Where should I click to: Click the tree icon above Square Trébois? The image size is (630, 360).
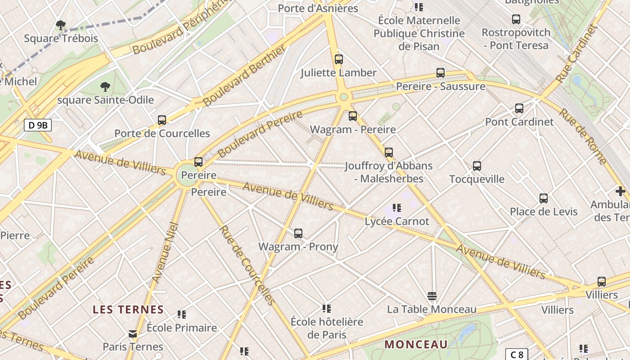tap(60, 25)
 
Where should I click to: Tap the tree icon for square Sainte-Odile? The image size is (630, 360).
tap(105, 86)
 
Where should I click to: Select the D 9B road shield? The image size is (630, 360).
tap(38, 125)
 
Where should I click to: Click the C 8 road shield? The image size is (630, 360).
tap(516, 354)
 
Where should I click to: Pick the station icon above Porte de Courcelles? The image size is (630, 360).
tap(162, 120)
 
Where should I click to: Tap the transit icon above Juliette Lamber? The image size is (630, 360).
tap(339, 59)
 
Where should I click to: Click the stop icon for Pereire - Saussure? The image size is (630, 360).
tap(441, 73)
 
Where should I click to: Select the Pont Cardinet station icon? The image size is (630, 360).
tap(519, 108)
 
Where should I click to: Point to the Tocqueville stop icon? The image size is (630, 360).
tap(477, 166)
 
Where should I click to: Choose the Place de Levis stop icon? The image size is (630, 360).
tap(544, 198)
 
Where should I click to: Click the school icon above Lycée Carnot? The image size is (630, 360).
tap(396, 208)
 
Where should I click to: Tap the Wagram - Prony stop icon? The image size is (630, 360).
tap(298, 234)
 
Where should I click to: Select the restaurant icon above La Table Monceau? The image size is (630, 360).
tap(432, 296)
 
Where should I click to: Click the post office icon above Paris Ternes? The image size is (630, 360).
tap(133, 334)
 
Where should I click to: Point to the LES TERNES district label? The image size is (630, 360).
tap(128, 310)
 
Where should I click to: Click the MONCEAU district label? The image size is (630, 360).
tap(416, 345)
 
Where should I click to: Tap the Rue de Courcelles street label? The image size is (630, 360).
tap(246, 265)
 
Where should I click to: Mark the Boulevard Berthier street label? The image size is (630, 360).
tap(244, 76)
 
